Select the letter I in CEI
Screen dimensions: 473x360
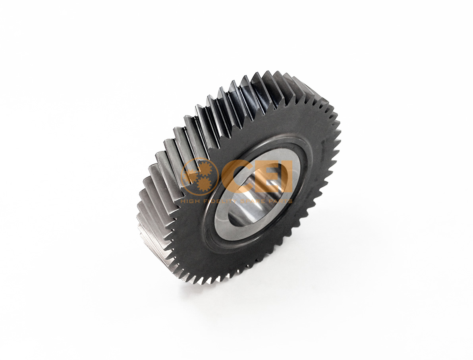point(287,178)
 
